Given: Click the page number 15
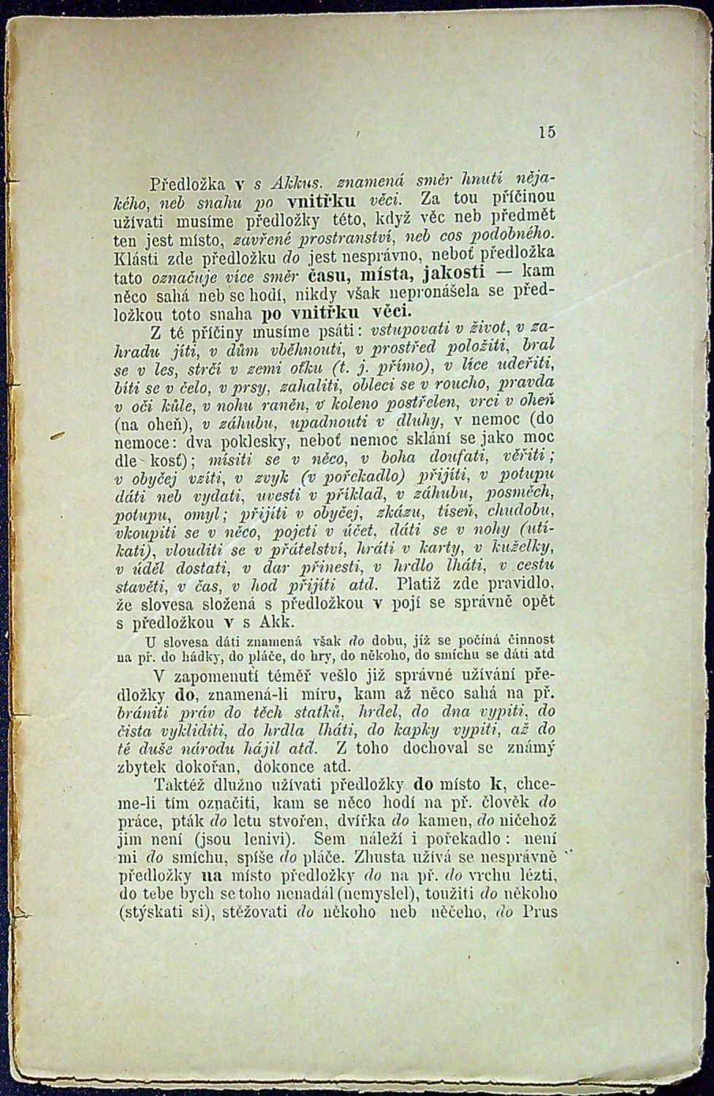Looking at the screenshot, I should (547, 132).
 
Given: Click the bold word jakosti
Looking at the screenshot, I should (453, 275).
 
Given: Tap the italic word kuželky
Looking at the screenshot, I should (525, 547).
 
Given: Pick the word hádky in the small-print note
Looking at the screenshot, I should (172, 655).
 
